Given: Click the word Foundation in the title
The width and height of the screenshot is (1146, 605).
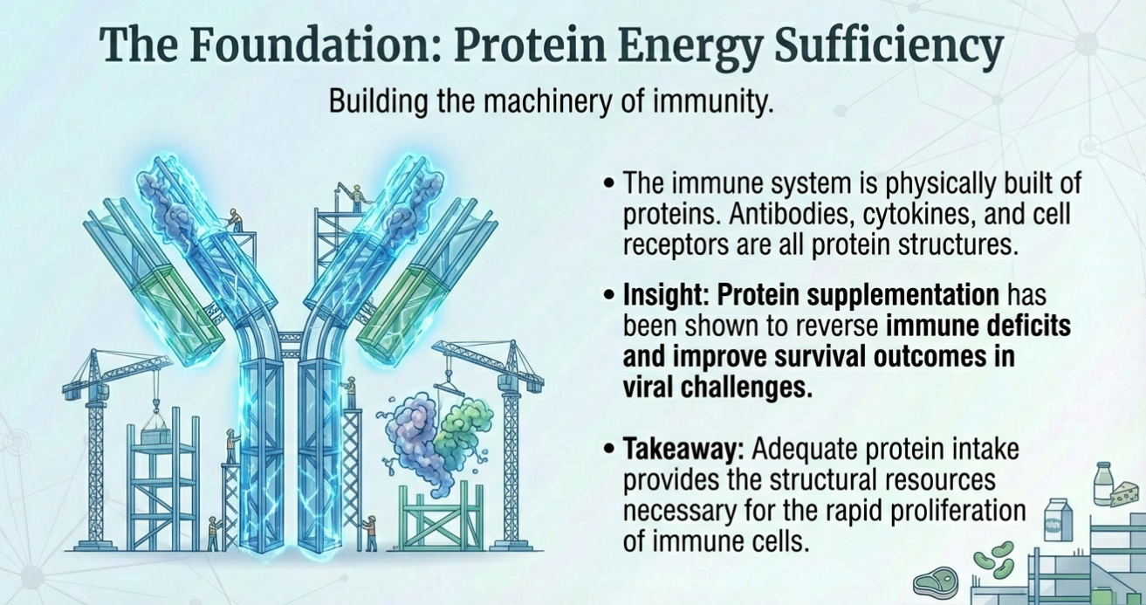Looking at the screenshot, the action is tap(316, 46).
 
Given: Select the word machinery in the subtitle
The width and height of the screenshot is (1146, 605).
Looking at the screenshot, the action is tap(546, 102).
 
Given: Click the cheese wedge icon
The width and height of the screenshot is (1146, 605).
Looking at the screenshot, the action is tap(1126, 495).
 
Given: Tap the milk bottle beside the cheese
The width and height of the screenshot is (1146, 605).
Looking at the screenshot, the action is tap(1103, 484).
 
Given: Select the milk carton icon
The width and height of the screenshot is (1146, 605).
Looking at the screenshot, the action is tap(1058, 519).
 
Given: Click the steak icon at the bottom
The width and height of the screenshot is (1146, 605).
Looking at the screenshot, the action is tap(936, 582).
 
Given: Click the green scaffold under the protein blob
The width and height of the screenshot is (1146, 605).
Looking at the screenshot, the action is tap(441, 518).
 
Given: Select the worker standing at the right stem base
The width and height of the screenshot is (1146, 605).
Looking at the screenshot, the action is tap(369, 533).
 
